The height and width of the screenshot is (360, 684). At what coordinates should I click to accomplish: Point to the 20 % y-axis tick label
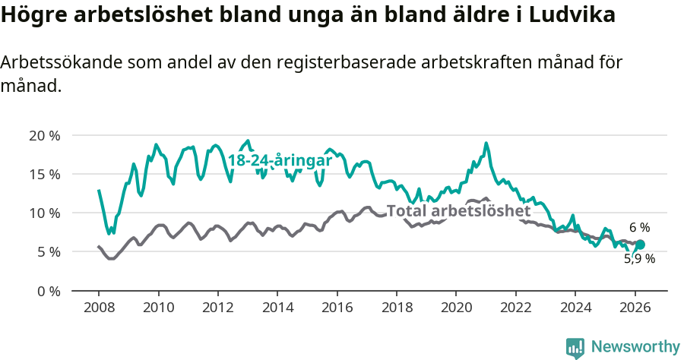tap(43, 136)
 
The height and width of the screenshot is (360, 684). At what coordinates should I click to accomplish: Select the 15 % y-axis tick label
tap(43, 175)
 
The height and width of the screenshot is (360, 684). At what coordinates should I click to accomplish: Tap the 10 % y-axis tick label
tap(43, 213)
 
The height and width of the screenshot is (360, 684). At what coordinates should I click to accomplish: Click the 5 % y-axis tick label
tap(47, 252)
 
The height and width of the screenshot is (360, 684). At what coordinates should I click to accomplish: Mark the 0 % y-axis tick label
tap(47, 291)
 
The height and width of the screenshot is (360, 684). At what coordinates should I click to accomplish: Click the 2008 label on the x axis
tap(99, 308)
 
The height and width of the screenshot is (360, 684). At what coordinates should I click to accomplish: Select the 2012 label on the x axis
tap(218, 308)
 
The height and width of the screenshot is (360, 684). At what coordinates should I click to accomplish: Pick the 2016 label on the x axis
tap(337, 308)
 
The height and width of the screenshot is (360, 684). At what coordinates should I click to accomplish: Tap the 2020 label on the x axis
tap(456, 308)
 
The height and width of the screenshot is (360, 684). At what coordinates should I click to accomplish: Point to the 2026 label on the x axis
tap(635, 308)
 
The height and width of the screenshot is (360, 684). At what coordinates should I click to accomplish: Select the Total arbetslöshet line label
tap(458, 210)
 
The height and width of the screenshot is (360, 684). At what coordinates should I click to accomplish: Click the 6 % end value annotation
tap(639, 227)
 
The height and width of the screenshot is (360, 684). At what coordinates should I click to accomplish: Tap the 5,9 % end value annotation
tap(639, 259)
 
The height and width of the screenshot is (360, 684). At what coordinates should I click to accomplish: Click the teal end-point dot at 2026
tap(640, 245)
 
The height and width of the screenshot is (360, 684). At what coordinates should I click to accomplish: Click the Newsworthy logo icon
tap(575, 347)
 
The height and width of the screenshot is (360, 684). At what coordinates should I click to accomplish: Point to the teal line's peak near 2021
tap(486, 143)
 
